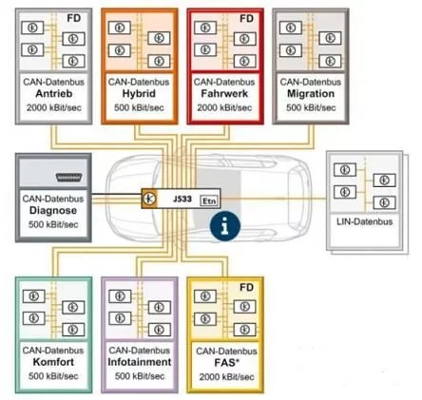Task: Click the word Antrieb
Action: click(x=54, y=94)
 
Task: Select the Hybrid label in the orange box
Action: click(x=139, y=94)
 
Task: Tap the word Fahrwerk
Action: click(x=224, y=94)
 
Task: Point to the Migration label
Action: click(x=311, y=94)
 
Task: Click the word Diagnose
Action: click(x=53, y=211)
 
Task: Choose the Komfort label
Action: click(x=53, y=362)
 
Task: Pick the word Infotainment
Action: click(x=140, y=362)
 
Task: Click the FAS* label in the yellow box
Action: click(x=226, y=363)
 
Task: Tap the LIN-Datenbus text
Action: click(x=364, y=221)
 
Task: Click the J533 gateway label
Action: click(x=182, y=200)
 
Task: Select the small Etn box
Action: click(x=209, y=200)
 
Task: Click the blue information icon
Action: click(x=225, y=226)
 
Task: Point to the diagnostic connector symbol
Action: click(x=68, y=178)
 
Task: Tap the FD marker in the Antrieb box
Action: click(x=74, y=18)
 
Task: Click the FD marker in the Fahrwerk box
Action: click(x=246, y=19)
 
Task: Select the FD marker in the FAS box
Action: click(x=246, y=288)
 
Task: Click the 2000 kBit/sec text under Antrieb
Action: click(x=54, y=107)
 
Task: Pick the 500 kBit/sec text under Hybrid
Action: click(x=139, y=107)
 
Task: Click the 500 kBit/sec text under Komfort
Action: click(x=53, y=376)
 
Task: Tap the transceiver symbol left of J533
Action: click(x=149, y=199)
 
